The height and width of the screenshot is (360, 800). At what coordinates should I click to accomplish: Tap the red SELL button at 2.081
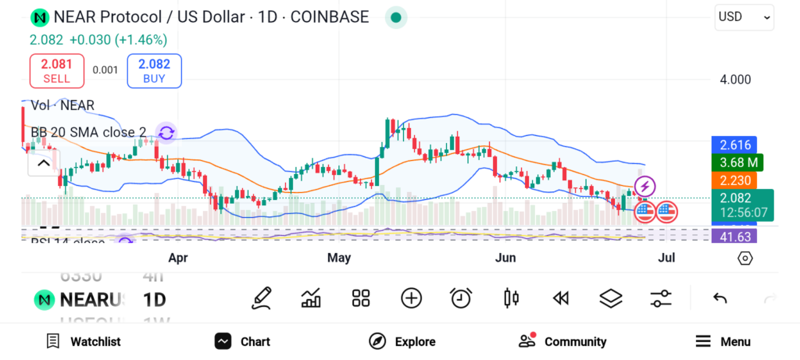coord(56,70)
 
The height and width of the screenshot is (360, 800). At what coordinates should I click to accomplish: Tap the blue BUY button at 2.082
coord(154,70)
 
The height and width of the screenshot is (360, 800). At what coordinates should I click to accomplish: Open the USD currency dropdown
coord(744,16)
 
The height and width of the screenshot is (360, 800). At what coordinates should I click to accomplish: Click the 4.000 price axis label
coord(734,80)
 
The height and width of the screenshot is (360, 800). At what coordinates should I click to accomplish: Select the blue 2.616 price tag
coord(734,145)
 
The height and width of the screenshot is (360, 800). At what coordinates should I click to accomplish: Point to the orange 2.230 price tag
coord(734,180)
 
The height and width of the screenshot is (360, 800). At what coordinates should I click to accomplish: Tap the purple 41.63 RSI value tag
coord(734,237)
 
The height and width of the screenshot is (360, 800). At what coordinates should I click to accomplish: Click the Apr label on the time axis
coord(178,258)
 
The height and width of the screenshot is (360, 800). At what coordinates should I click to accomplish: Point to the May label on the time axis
coord(339,258)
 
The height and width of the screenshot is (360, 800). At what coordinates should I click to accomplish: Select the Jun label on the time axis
coord(506,258)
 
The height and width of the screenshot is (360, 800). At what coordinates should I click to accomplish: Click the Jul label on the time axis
coord(666,258)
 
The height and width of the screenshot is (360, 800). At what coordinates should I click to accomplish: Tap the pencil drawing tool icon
coord(262,298)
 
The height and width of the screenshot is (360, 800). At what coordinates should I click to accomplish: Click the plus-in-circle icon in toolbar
coord(411,298)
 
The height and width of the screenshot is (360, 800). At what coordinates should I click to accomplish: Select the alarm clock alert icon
coord(461,298)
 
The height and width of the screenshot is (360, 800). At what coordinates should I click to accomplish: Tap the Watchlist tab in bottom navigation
coord(84,341)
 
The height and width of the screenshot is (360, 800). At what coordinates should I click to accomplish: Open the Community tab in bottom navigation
coord(562,341)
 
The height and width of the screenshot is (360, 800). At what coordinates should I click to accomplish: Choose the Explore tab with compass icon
coord(402,341)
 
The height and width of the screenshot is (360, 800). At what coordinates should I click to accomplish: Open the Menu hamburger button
coord(723,341)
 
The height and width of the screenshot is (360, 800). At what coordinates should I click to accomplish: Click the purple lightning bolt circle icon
coord(645,186)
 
